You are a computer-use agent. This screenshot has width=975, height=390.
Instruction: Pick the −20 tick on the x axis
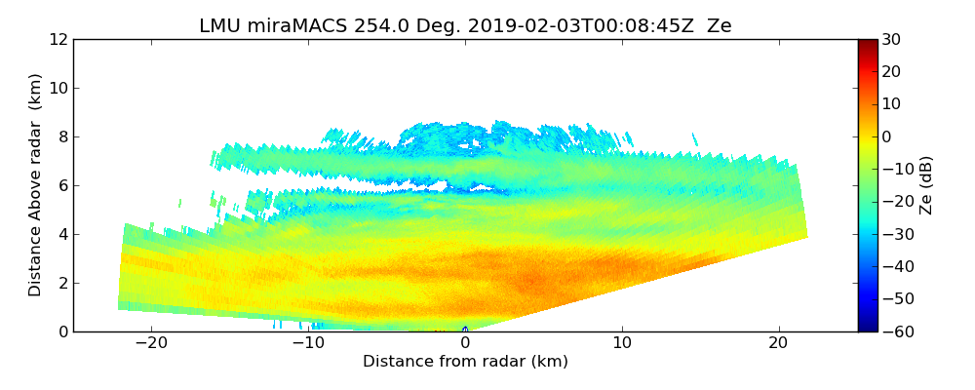point(151,343)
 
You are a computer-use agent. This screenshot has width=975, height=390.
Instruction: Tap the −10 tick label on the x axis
point(308,343)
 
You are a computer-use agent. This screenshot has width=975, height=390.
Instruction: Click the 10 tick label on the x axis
point(622,343)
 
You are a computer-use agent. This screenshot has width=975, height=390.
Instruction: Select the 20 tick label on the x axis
point(778,343)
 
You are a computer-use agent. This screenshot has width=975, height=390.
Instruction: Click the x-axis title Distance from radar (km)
point(465,362)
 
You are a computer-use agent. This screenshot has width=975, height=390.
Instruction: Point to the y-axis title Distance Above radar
point(36,185)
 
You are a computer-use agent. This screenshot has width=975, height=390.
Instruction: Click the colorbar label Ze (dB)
point(925,185)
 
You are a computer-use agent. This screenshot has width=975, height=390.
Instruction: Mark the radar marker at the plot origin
point(465,330)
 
